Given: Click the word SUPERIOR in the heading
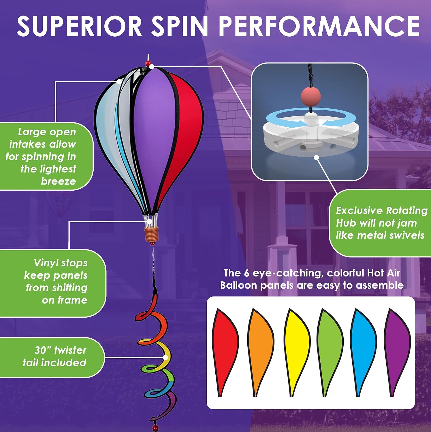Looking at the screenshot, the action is point(79,26).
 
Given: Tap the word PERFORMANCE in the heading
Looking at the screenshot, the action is point(319,26).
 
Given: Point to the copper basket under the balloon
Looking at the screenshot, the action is point(151,234).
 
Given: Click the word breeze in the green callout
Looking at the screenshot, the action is point(58,181).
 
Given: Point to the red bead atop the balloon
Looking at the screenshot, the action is point(148,63).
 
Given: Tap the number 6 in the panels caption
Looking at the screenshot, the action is point(246,273).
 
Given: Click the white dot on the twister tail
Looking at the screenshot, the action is point(165,358).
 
